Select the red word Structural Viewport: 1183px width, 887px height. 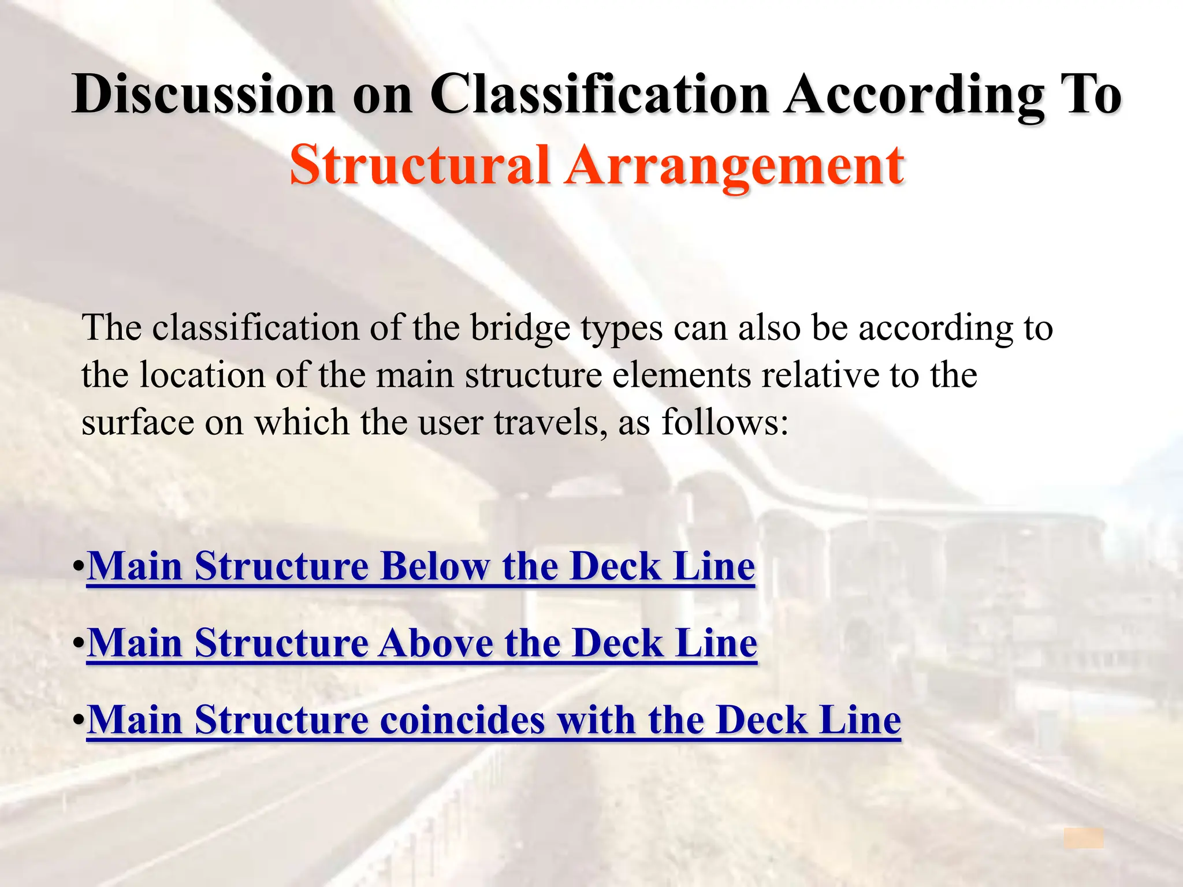(419, 166)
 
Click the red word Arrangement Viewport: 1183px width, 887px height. (734, 166)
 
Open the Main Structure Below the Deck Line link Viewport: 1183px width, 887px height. (421, 567)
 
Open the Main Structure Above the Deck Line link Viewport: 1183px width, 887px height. (422, 643)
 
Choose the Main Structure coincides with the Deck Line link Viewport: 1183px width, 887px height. (494, 721)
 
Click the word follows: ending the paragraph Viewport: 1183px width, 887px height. (725, 423)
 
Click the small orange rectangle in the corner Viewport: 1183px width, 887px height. (1084, 838)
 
